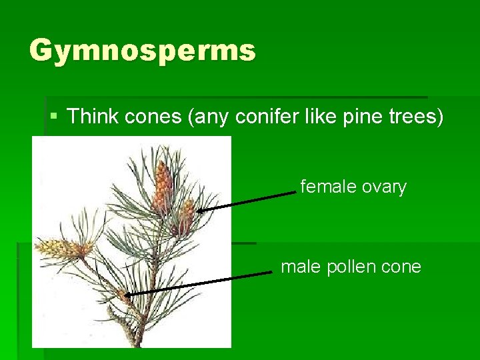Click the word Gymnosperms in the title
[142, 50]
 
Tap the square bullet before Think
[54, 117]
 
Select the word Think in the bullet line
[92, 117]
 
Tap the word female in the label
[328, 187]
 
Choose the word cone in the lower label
[401, 267]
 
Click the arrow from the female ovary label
[247, 201]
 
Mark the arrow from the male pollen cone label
[200, 283]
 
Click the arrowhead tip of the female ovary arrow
[197, 211]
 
